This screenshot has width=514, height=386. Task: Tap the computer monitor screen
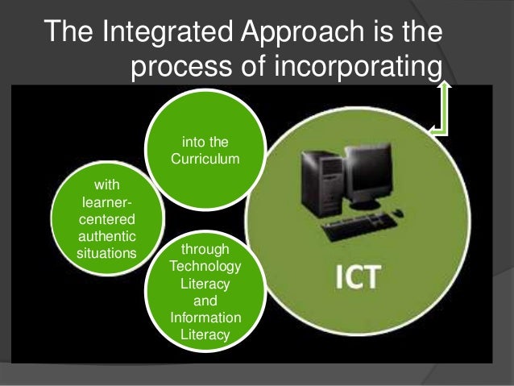(358, 173)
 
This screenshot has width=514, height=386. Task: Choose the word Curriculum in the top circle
(205, 159)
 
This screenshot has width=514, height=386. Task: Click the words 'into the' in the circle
(205, 144)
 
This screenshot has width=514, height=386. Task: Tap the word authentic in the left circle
(106, 237)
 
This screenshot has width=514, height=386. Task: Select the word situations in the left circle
(106, 253)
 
